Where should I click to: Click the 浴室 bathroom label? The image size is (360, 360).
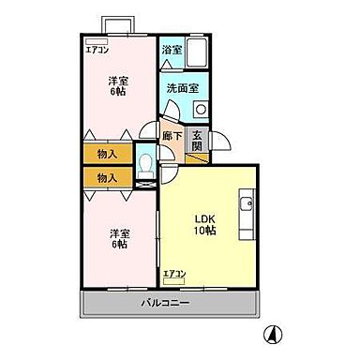tap(170, 49)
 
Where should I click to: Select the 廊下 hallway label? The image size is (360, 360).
tap(171, 136)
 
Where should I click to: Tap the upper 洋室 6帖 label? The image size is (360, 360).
tap(117, 86)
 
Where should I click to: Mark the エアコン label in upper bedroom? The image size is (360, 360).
tap(97, 50)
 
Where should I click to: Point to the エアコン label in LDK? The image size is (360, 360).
tap(175, 273)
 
